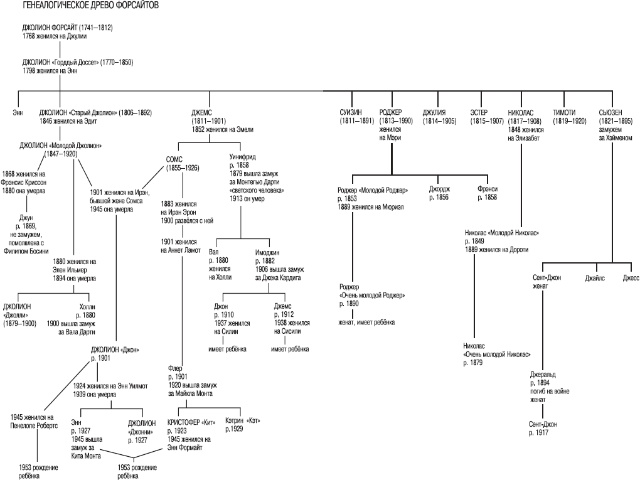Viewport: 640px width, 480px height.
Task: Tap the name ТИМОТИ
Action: coord(565,112)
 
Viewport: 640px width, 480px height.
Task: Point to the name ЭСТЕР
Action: coord(479,112)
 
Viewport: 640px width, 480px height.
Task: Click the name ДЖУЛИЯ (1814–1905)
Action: coord(434,112)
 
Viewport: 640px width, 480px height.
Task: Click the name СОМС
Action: coord(174,160)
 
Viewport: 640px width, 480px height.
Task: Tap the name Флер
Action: coord(176,368)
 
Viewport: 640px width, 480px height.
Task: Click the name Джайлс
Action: coord(595,278)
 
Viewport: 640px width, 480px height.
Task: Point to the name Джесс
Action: coord(631,278)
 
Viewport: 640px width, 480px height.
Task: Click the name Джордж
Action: coord(439,189)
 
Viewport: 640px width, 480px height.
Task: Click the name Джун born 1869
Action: coord(26,218)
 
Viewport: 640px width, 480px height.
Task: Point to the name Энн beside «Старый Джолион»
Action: coord(17,112)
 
